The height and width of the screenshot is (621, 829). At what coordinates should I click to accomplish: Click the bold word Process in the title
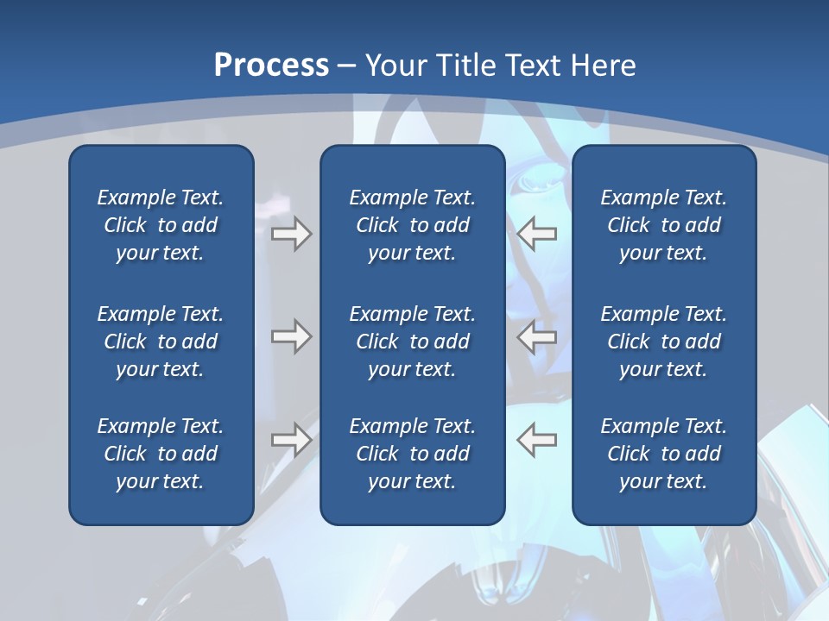pos(271,66)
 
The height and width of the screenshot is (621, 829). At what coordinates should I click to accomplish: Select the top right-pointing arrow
pos(291,233)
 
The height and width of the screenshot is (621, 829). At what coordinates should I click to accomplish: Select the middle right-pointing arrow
pos(291,336)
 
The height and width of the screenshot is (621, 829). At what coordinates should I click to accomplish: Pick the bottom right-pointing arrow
pos(291,440)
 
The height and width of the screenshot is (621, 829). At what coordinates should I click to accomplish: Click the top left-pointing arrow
pos(537,233)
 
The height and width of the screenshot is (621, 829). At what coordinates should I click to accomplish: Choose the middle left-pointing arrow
pos(537,336)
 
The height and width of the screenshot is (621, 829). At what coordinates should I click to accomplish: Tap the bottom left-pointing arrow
pos(537,440)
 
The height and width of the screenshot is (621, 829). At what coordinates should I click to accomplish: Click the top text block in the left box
pos(161,225)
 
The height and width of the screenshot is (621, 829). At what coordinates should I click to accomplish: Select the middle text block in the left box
pos(161,342)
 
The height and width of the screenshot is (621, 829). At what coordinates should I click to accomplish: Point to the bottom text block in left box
pos(161,454)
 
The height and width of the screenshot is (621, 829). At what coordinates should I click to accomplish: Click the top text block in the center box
pos(412,225)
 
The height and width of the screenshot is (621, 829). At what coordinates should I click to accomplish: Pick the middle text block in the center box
pos(412,342)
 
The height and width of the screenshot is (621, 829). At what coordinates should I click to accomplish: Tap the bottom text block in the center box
pos(412,454)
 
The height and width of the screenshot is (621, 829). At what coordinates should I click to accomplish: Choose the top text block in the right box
pos(663,225)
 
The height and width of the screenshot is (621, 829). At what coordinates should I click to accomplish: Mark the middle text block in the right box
pos(663,342)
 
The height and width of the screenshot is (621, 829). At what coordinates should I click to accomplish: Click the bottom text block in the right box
pos(663,454)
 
